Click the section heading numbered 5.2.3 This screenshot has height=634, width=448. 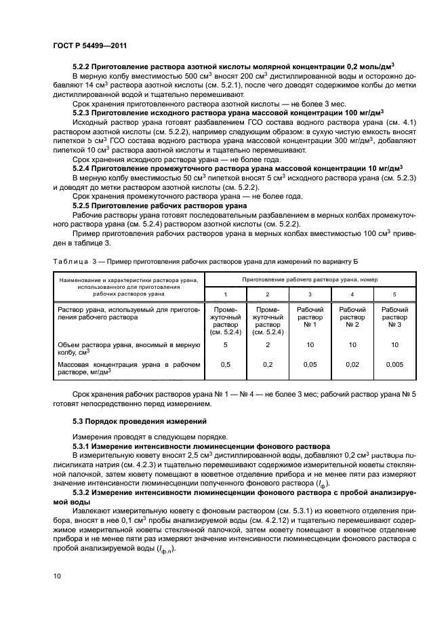228,113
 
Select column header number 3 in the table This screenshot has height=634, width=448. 310,294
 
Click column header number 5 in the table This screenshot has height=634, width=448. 394,294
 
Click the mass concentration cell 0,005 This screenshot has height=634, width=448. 394,364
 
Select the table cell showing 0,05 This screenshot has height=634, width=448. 310,364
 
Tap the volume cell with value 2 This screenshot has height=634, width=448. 268,344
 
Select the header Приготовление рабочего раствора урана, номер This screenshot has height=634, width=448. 310,279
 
